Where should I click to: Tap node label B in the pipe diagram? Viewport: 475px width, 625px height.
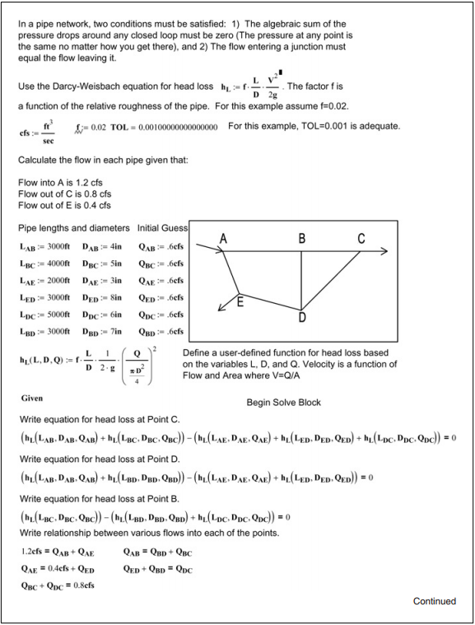coord(302,239)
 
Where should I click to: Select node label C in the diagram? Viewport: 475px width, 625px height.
coord(361,239)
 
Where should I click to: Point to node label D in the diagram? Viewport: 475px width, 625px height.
coord(302,316)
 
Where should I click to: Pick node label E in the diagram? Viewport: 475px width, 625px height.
coord(240,301)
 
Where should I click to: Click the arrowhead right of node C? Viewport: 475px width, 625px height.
coord(384,250)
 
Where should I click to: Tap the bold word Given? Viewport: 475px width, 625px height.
coord(32,399)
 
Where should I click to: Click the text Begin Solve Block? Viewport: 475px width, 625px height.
coord(283,403)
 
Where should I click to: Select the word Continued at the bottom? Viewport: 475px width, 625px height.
coord(434,601)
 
